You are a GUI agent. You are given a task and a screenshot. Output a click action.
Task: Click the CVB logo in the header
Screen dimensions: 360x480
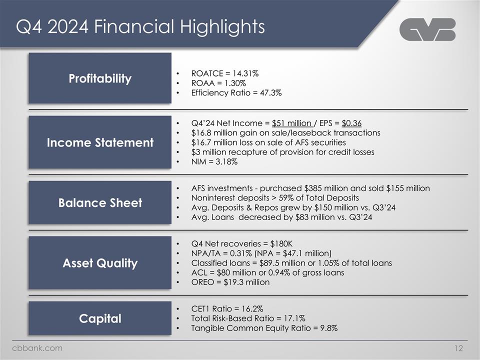pyautogui.click(x=427, y=29)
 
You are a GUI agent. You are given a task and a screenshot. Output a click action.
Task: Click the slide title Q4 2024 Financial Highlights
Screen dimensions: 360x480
pyautogui.click(x=140, y=26)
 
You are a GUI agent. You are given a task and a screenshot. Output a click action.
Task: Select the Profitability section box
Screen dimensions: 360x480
pyautogui.click(x=100, y=78)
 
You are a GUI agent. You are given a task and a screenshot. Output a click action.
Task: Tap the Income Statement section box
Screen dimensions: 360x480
pyautogui.click(x=100, y=142)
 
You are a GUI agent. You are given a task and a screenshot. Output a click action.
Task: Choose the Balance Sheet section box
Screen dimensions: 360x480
pyautogui.click(x=100, y=202)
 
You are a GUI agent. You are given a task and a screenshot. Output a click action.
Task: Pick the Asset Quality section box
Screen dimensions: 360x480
pyautogui.click(x=100, y=263)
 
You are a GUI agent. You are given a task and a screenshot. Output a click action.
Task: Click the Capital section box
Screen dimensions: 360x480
pyautogui.click(x=100, y=318)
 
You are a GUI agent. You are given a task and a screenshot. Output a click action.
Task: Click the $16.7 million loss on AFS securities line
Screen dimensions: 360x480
pyautogui.click(x=268, y=142)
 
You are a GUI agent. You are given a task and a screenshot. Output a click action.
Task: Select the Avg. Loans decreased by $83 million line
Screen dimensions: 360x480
pyautogui.click(x=281, y=217)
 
